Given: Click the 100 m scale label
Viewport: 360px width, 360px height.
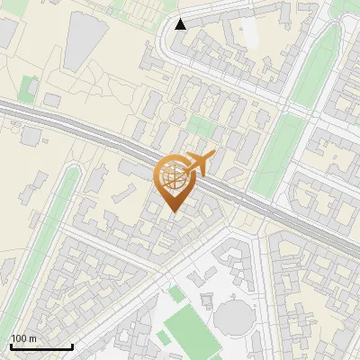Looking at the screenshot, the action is tap(23, 338).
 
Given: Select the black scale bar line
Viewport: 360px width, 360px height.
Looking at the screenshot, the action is tap(41, 346).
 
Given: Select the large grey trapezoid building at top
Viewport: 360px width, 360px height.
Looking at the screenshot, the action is tap(85, 40).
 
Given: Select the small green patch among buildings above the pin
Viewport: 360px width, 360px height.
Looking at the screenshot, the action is tap(202, 128).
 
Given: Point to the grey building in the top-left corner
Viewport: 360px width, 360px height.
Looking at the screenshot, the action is tap(7, 31).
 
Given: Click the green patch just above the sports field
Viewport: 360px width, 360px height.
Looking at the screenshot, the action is tap(175, 292).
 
